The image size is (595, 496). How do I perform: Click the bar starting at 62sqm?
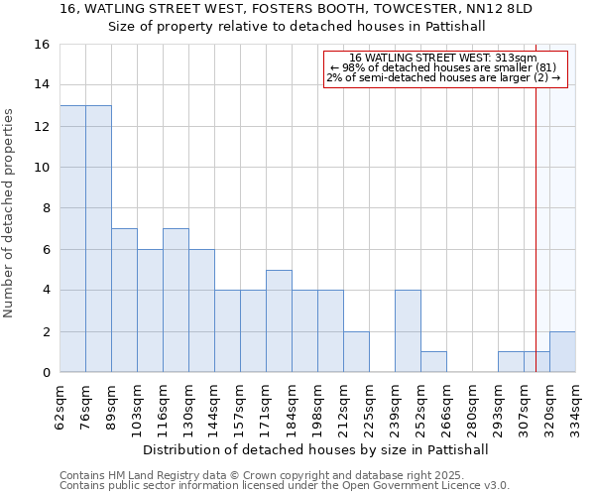point(72,239)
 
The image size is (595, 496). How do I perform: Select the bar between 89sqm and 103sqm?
point(124,301)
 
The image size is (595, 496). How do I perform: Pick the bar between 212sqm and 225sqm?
point(356,352)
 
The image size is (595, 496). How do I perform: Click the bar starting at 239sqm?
point(408,331)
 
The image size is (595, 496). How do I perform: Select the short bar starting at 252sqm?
point(433,362)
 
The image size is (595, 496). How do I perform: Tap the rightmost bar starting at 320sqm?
point(562,352)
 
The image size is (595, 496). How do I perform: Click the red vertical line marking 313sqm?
point(535,198)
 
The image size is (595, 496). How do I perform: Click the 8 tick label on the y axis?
point(45,208)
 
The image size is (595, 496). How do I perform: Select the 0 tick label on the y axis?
point(45,373)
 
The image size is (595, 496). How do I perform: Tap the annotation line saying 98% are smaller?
point(443,67)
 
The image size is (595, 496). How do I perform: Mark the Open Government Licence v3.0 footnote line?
point(285,486)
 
